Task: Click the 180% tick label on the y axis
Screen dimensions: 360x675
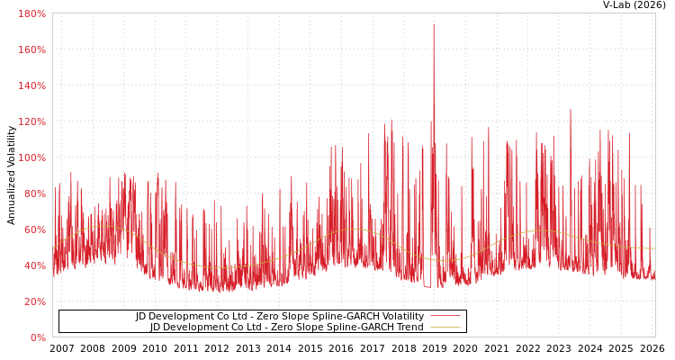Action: (x=31, y=13)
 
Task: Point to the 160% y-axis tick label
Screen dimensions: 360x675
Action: (x=31, y=49)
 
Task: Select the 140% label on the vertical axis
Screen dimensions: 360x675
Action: (x=31, y=85)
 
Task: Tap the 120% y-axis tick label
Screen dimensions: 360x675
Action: (x=31, y=121)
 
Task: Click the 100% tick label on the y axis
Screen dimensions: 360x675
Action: (x=31, y=157)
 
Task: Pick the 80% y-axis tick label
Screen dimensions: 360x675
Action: (x=34, y=193)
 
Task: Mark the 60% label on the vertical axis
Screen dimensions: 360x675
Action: (x=34, y=229)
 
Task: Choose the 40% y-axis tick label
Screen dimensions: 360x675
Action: (x=34, y=265)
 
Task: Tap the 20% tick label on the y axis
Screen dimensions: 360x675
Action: (x=34, y=301)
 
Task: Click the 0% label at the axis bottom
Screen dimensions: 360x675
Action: (x=38, y=337)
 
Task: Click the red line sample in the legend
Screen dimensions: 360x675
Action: (x=445, y=317)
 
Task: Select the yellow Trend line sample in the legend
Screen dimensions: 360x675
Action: (x=445, y=328)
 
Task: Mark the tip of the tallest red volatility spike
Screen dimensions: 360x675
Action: (x=433, y=24)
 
